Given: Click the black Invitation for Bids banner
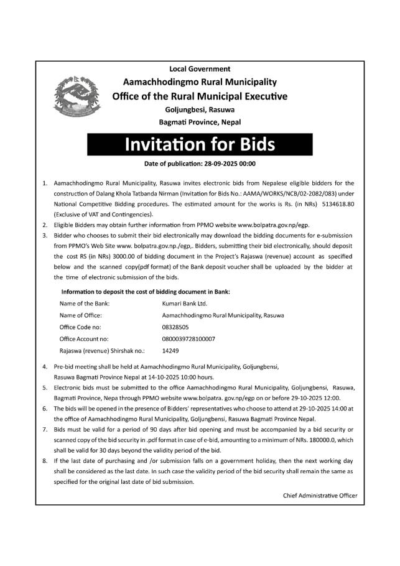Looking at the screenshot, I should click(200, 144).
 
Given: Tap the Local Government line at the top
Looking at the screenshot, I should click(200, 68).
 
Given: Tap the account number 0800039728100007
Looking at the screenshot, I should click(188, 339).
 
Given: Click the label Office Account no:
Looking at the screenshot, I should click(84, 339).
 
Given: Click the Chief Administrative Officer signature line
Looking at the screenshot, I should click(320, 495).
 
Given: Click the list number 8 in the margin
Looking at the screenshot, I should click(45, 461).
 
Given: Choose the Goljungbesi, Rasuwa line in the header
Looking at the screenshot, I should click(200, 109).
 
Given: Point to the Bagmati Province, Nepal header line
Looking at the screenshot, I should click(200, 122).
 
